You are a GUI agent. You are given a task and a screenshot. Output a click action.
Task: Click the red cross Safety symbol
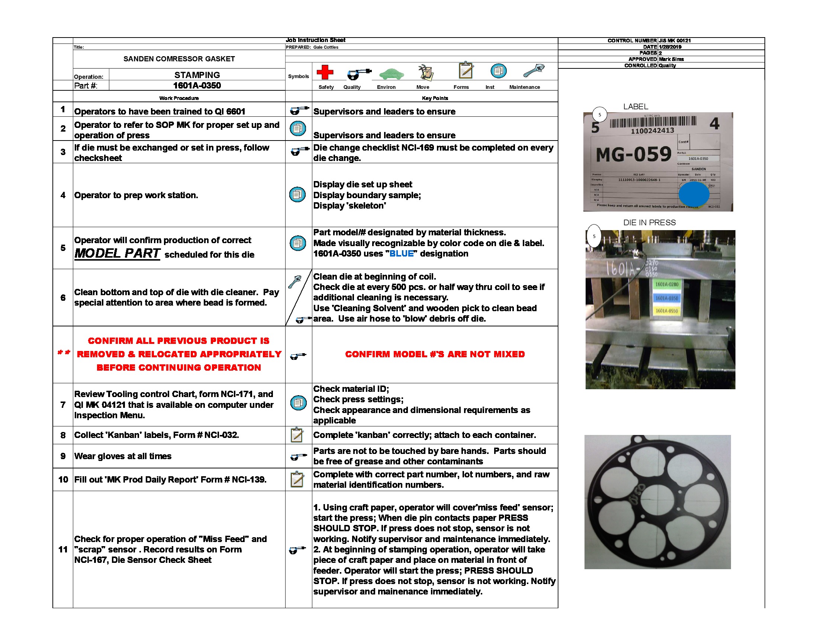point(325,72)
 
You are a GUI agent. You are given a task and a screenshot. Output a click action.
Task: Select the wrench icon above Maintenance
point(534,70)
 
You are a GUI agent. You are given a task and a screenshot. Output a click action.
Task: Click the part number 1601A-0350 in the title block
point(197,86)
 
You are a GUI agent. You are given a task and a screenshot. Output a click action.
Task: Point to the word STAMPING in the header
point(197,75)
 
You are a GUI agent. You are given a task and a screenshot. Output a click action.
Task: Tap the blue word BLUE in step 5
point(402,254)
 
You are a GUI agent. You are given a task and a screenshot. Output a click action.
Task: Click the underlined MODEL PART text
point(117,254)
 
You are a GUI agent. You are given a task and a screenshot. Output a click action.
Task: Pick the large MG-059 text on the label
point(633,154)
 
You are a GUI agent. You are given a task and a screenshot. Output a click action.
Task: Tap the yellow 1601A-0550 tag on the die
point(667,310)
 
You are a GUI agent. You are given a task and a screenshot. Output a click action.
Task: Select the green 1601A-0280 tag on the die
point(667,284)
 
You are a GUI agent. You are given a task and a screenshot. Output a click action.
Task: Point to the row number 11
point(63,549)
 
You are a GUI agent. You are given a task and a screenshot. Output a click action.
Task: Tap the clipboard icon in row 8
point(297,435)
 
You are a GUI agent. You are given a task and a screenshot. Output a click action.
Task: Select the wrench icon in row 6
point(295,281)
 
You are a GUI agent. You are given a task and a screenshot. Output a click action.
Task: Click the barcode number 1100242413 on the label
point(652,130)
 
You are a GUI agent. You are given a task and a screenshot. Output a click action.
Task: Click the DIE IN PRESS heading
point(649,222)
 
